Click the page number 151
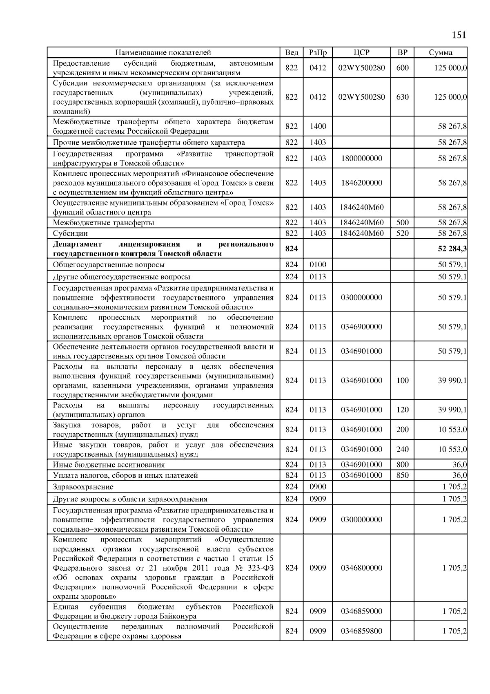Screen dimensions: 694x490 pyautogui.click(x=459, y=35)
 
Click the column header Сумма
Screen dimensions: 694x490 pyautogui.click(x=440, y=52)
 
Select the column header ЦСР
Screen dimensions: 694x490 pyautogui.click(x=361, y=52)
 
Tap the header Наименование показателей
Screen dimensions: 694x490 pyautogui.click(x=163, y=52)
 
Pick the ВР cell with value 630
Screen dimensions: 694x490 pyautogui.click(x=402, y=97)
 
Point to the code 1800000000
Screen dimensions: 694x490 pyautogui.click(x=361, y=158)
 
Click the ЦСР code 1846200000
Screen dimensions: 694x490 pyautogui.click(x=361, y=183)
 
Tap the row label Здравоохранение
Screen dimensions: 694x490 pyautogui.click(x=83, y=487)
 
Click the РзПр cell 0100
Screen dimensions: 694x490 pyautogui.click(x=318, y=264)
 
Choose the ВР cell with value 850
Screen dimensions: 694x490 pyautogui.click(x=402, y=475)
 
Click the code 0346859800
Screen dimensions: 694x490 pyautogui.click(x=361, y=631)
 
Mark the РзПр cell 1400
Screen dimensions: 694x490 pyautogui.click(x=318, y=126)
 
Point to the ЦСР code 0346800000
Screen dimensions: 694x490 pyautogui.click(x=361, y=568)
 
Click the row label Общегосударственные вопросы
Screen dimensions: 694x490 pyautogui.click(x=109, y=264)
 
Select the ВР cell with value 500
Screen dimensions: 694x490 pyautogui.click(x=402, y=223)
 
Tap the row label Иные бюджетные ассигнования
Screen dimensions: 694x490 pyautogui.click(x=109, y=465)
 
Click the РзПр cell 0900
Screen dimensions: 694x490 pyautogui.click(x=318, y=487)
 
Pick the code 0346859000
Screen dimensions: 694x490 pyautogui.click(x=361, y=611)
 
